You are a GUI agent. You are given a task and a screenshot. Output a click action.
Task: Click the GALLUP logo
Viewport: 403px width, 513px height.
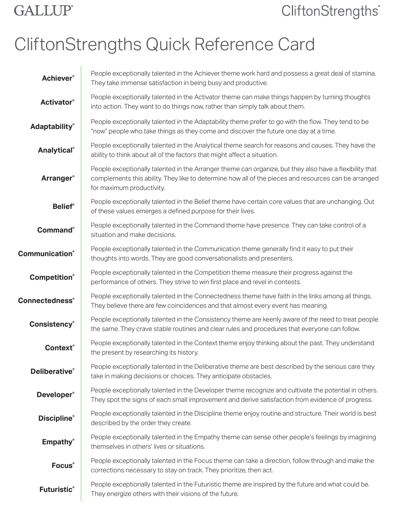coord(43,10)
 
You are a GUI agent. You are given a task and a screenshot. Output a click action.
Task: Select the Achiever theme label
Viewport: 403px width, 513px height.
coord(57,78)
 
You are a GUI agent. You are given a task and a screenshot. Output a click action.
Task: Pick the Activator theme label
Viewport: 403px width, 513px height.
coord(57,102)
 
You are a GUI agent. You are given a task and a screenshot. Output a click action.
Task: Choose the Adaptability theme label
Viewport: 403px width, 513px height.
coord(52,127)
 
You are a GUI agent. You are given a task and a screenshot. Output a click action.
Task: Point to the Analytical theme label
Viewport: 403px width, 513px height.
coord(56,150)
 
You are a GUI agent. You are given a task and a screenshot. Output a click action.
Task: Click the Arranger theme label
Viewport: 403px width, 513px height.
coord(57,178)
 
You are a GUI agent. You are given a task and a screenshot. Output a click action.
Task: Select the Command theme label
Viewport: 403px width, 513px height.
coord(55,230)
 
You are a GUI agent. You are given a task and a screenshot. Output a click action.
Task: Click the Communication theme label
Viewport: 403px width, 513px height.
coord(45,254)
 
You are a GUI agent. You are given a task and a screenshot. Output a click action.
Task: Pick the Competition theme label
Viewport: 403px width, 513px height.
coord(51,278)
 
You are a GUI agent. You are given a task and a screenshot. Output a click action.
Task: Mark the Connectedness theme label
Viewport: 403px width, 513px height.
coord(45,301)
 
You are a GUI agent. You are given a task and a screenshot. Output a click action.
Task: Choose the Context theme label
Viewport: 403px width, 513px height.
coord(59,348)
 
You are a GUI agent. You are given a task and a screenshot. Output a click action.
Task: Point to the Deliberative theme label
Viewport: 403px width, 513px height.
coord(52,372)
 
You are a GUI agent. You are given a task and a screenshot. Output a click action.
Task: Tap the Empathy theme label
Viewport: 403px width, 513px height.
coord(57,442)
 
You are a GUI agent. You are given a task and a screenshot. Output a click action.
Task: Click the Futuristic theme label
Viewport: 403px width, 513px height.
coord(56,490)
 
